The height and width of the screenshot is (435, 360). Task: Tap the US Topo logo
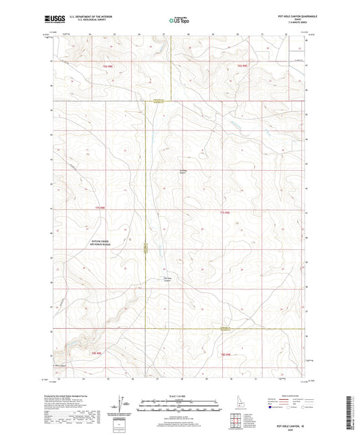tap(180, 21)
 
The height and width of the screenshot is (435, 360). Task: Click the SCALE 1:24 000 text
tap(180, 395)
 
